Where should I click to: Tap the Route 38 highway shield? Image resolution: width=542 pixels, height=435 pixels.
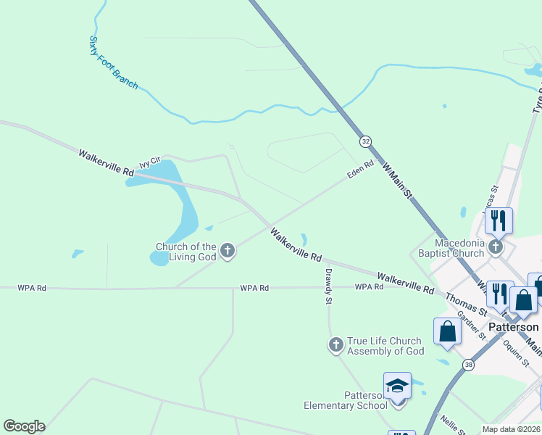tap(469, 365)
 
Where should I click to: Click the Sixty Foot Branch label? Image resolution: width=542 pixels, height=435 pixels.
tap(113, 62)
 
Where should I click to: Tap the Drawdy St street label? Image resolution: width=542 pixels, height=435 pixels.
tap(328, 286)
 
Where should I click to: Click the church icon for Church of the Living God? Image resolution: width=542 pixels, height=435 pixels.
tap(228, 252)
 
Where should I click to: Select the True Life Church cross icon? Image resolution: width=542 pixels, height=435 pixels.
tap(335, 345)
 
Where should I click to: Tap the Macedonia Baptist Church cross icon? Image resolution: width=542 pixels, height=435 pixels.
tap(496, 247)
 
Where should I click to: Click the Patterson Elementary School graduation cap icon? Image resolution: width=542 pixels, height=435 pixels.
tap(397, 385)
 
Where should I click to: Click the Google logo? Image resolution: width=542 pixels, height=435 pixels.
tap(24, 426)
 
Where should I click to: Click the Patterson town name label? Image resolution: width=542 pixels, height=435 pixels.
tap(514, 327)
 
